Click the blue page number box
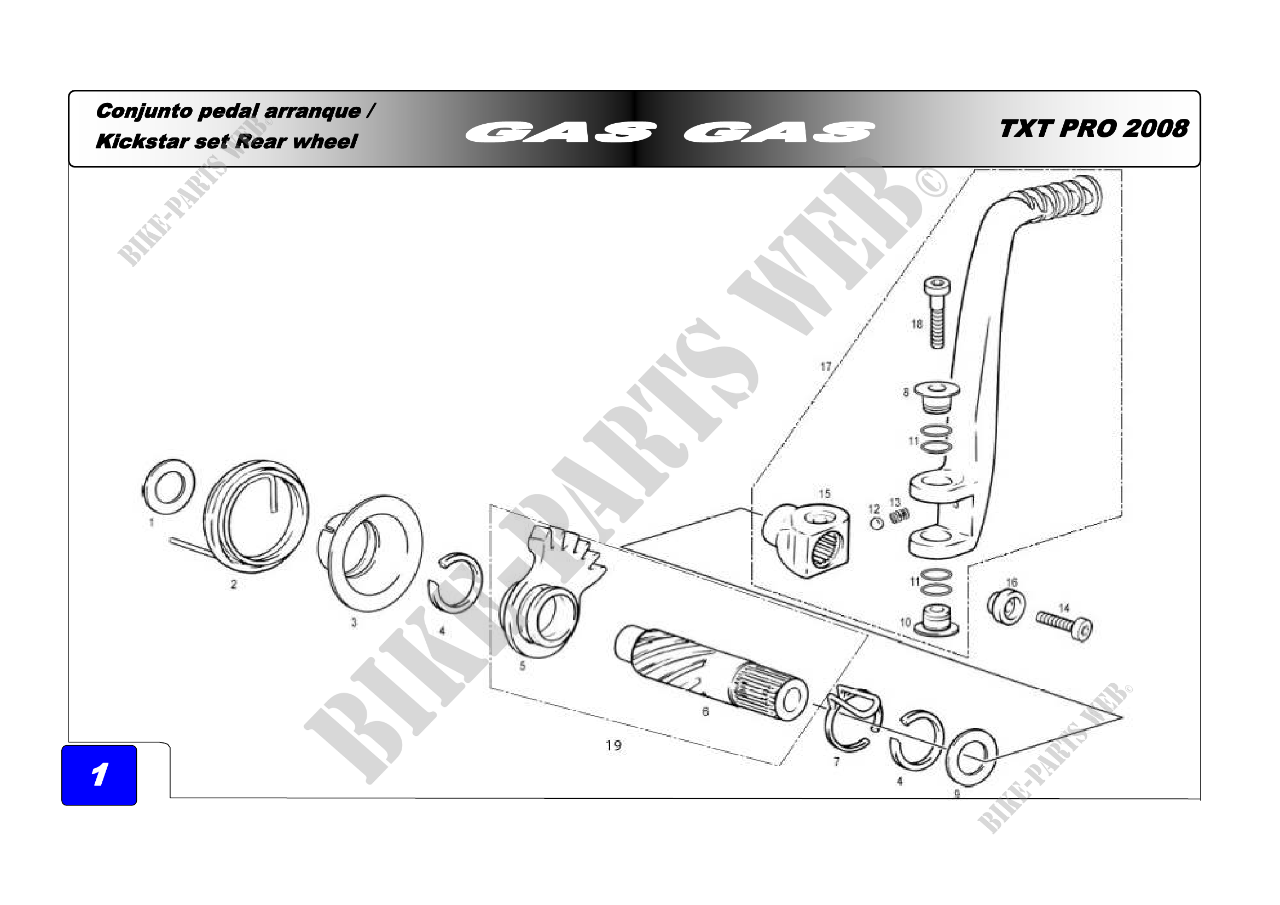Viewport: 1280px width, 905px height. (99, 775)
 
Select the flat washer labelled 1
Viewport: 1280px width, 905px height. (169, 487)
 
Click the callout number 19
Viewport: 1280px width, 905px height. (613, 746)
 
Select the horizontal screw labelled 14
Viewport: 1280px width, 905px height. (1064, 625)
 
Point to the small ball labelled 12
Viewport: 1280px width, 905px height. (876, 523)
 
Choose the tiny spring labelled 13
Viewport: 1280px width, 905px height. (899, 516)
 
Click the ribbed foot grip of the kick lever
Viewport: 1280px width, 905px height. (1056, 197)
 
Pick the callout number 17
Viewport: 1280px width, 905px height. (826, 367)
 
